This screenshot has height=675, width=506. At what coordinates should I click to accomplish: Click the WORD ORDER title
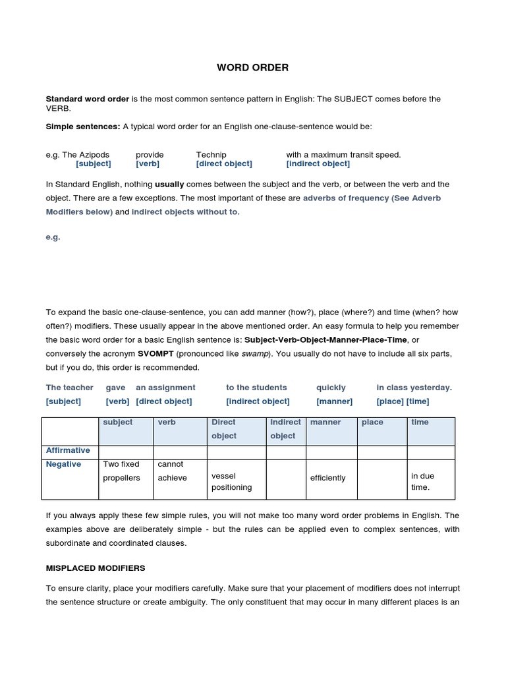click(252, 67)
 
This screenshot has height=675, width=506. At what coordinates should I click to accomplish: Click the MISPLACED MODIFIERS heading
click(96, 568)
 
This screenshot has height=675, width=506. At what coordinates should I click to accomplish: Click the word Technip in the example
click(211, 155)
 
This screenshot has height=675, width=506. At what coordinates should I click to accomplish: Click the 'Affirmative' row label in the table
click(68, 450)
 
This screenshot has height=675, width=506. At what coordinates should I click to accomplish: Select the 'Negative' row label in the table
click(64, 464)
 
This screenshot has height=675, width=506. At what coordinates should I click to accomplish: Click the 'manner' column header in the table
click(325, 422)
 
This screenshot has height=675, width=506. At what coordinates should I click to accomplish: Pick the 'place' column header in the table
click(372, 422)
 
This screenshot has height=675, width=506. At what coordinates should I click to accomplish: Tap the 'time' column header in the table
click(420, 422)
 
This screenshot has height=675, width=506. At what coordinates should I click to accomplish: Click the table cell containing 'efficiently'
click(327, 478)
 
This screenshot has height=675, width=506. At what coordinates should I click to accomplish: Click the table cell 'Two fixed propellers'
click(122, 471)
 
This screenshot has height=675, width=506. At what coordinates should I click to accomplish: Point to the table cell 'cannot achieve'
click(173, 471)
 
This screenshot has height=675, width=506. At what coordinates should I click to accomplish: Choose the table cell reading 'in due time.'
click(422, 481)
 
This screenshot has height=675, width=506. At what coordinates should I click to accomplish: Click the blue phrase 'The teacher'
click(70, 388)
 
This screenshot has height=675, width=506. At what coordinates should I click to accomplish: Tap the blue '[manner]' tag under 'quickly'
click(334, 401)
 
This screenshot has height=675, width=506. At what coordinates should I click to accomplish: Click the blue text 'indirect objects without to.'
click(186, 212)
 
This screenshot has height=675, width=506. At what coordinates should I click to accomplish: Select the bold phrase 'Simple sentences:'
click(83, 126)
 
